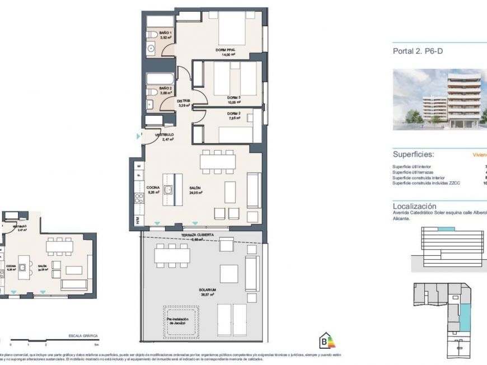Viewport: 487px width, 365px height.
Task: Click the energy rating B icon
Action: point(325,341)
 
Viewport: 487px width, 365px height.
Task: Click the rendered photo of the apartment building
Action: point(439,100)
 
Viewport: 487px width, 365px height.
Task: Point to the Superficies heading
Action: point(414,155)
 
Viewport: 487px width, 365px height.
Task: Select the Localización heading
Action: point(414,206)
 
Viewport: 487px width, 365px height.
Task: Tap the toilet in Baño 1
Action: point(153,36)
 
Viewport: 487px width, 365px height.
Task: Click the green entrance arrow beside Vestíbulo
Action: point(138,136)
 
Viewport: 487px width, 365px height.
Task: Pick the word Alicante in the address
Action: point(402,218)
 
